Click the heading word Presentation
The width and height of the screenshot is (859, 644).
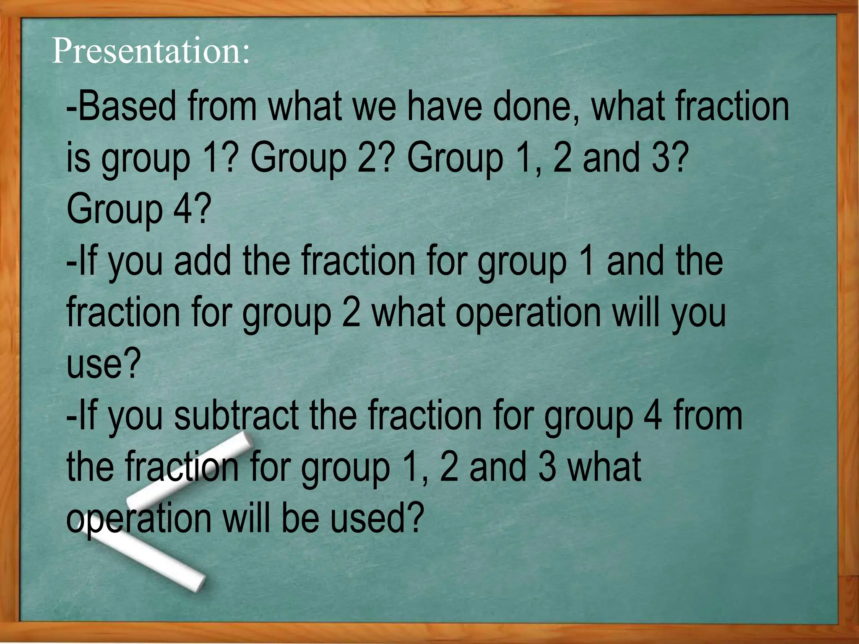point(150,51)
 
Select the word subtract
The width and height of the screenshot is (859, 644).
point(236,415)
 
